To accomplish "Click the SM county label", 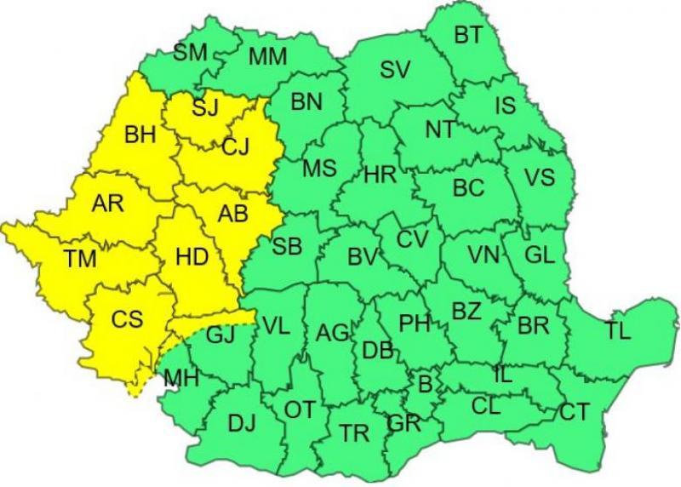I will (191, 53).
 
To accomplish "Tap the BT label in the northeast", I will (468, 35).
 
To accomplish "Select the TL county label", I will (619, 331).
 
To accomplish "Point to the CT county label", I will (574, 413).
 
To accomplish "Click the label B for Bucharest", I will (424, 385).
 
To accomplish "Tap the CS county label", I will (127, 321).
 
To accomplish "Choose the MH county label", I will (180, 379).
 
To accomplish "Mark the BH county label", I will (140, 135).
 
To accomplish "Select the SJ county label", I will (204, 108).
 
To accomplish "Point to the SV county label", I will (395, 71).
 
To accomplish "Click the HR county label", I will (381, 176).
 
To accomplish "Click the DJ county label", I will (243, 422).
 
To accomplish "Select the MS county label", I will (319, 169).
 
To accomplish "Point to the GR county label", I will (403, 423).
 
